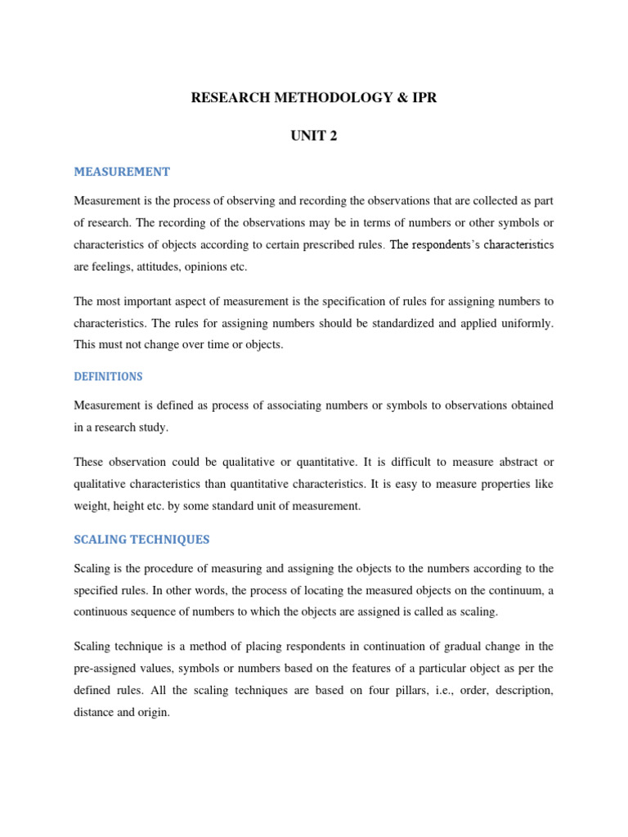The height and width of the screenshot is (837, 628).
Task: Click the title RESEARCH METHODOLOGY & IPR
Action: tap(313, 98)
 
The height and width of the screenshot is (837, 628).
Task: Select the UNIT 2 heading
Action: tap(313, 137)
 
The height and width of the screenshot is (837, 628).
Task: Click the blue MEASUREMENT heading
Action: tap(122, 172)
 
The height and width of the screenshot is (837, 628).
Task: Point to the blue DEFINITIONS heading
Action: tap(108, 377)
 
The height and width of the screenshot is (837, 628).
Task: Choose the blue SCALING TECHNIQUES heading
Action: tap(141, 539)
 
